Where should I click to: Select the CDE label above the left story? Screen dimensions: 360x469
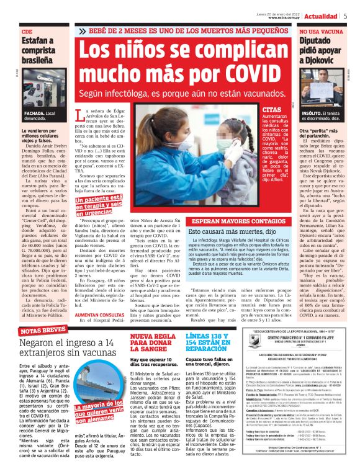click(x=27, y=31)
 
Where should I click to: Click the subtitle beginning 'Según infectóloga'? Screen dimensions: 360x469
click(x=180, y=93)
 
